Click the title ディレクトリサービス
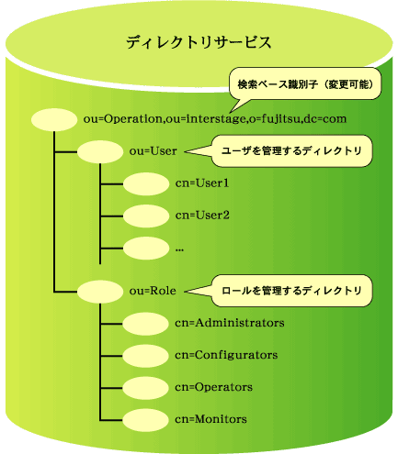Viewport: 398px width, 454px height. (199, 42)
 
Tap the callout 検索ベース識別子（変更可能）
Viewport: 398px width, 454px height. (305, 83)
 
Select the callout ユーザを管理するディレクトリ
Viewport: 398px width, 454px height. (292, 151)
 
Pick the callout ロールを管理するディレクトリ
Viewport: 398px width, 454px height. (292, 291)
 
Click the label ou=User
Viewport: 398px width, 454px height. (154, 151)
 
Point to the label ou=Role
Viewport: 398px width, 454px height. (153, 291)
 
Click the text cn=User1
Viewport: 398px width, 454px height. (202, 183)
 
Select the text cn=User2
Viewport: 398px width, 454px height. (202, 216)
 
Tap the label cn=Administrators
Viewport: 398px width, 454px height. (230, 323)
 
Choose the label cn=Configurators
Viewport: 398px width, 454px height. (226, 355)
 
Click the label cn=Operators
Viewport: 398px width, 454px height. (214, 387)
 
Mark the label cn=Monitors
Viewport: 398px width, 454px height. (210, 419)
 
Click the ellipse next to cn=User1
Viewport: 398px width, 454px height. (146, 184)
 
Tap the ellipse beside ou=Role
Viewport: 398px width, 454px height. (100, 292)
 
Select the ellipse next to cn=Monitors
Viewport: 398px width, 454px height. (145, 420)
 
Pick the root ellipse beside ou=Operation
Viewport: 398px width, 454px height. (54, 120)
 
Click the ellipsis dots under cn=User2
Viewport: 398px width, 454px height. (179, 250)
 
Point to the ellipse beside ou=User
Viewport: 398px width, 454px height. (100, 152)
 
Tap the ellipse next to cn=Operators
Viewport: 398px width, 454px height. (145, 388)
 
